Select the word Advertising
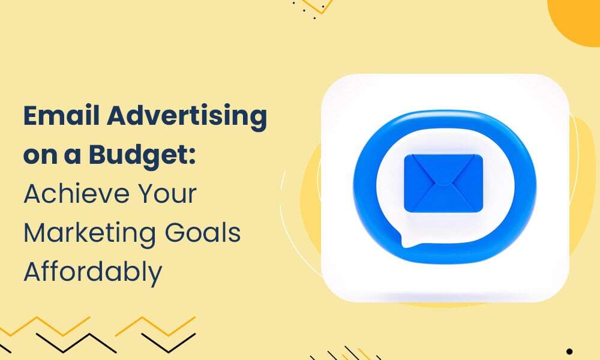tap(192, 117)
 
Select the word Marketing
tap(86, 233)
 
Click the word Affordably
tap(92, 272)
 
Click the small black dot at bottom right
tap(569, 352)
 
